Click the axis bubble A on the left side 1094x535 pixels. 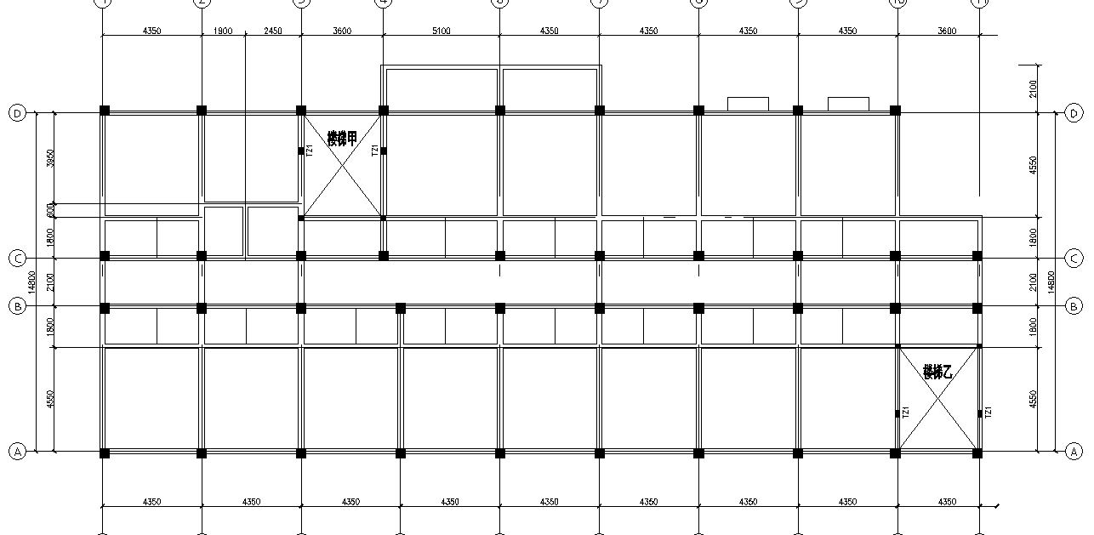(x=17, y=452)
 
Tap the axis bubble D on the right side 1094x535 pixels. (x=1074, y=113)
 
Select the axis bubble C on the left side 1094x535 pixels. (x=17, y=258)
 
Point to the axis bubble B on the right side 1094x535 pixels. (x=1074, y=306)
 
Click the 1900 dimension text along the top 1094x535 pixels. (x=223, y=31)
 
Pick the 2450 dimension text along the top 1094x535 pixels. (x=272, y=31)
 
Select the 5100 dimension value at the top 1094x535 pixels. (x=442, y=31)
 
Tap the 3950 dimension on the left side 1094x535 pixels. (x=50, y=158)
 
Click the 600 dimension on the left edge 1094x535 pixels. (x=50, y=210)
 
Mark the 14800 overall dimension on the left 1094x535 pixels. (x=31, y=282)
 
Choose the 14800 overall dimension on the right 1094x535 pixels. (x=1052, y=282)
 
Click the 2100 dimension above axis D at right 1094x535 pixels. (x=1032, y=88)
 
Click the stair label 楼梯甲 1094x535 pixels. (x=342, y=139)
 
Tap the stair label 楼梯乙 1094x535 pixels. (x=937, y=372)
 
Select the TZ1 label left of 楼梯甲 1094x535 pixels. (x=310, y=151)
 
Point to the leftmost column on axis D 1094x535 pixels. (x=105, y=111)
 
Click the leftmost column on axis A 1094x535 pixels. (x=105, y=453)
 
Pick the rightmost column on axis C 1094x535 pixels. (x=977, y=255)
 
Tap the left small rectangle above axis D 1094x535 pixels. (x=748, y=104)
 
